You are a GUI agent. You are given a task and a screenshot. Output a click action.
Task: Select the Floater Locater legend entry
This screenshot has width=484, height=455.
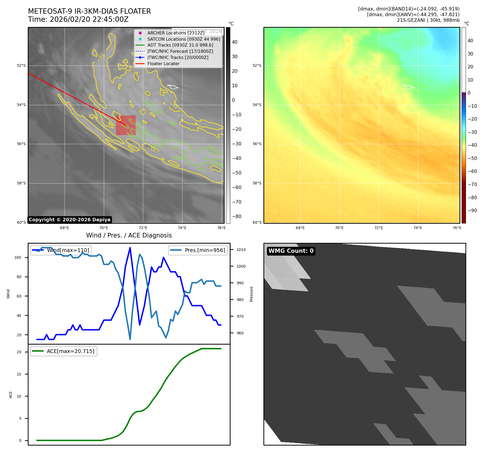click(x=163, y=64)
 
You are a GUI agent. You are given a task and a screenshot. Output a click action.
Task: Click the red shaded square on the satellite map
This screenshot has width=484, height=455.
click(x=126, y=125)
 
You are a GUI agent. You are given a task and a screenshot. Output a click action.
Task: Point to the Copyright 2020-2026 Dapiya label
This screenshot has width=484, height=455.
click(x=69, y=220)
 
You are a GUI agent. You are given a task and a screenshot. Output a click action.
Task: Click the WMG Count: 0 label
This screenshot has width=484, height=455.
click(x=291, y=251)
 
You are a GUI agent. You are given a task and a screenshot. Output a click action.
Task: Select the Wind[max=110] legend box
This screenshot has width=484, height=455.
click(x=61, y=250)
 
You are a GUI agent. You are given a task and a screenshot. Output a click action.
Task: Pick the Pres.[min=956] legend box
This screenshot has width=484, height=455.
click(x=198, y=250)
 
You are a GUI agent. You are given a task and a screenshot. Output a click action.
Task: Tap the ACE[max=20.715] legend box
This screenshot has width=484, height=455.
click(x=64, y=351)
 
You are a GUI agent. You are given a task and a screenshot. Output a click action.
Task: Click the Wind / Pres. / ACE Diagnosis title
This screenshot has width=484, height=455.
click(x=129, y=235)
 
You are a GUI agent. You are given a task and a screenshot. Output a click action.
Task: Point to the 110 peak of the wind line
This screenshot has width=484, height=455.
click(x=130, y=248)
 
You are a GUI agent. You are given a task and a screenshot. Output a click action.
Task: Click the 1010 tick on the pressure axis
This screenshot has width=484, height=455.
click(x=241, y=250)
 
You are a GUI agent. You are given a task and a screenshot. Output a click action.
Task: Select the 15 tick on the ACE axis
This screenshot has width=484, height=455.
click(x=19, y=374)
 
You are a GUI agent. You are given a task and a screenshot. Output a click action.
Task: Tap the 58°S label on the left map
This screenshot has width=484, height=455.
click(x=21, y=183)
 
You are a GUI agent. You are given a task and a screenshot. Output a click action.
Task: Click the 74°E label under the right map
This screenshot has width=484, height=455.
click(x=418, y=228)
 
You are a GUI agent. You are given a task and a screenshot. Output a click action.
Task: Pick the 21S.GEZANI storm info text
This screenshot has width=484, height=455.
click(x=428, y=20)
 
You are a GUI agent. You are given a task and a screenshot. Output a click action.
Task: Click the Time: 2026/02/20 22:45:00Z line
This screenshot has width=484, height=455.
click(x=78, y=19)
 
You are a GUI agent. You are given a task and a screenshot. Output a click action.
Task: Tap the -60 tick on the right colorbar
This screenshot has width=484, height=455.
click(x=472, y=171)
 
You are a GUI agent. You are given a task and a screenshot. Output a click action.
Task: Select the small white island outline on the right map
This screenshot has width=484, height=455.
click(x=408, y=87)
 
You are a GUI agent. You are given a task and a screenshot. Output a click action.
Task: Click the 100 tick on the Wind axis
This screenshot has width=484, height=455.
click(x=18, y=257)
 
